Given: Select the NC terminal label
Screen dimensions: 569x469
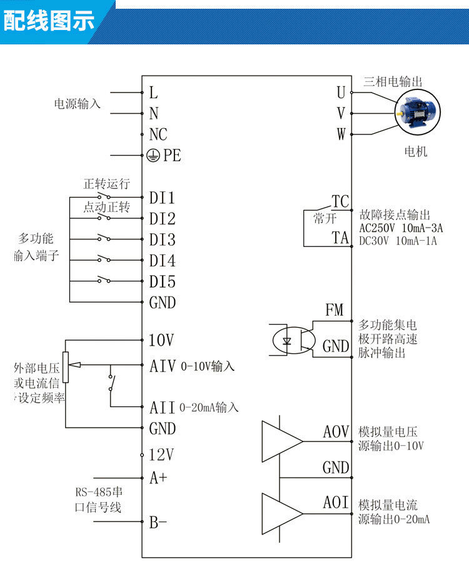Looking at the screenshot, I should coord(158,134).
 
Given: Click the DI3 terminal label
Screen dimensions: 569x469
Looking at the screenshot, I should coord(162,240).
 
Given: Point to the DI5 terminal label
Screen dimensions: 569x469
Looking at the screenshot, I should coord(162,281).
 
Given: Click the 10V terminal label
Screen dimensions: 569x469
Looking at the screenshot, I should coord(161,341).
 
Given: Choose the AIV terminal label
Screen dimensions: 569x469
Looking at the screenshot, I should coord(163,366).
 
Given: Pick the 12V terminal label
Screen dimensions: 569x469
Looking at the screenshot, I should coord(161,455).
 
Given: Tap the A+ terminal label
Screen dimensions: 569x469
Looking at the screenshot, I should coord(158,478).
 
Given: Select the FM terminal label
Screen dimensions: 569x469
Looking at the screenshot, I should coord(335,310).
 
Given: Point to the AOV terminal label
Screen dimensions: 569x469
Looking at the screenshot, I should coord(336,432).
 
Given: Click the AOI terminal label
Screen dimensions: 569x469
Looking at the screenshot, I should coord(336,503).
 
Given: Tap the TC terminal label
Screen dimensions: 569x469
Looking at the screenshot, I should coord(340,202).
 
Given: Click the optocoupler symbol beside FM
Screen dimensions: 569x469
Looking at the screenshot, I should coord(294,341).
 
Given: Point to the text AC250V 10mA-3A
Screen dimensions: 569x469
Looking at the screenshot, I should coord(401,228).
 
